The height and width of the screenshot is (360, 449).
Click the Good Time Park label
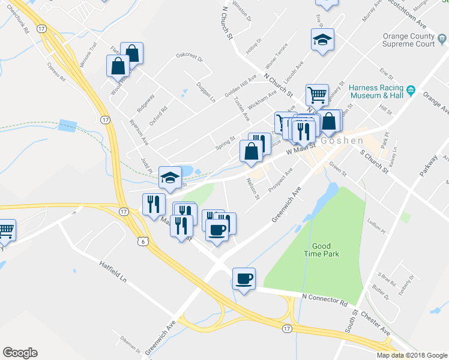(x=325, y=250)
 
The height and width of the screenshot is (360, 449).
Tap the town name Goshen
(x=342, y=140)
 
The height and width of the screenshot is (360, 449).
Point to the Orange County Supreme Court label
(x=409, y=40)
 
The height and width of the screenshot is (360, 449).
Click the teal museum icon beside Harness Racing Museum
(x=411, y=91)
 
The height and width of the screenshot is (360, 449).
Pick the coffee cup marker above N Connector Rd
(x=244, y=279)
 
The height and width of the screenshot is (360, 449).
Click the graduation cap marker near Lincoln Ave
(x=322, y=40)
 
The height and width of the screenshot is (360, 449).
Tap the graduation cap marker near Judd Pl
(x=170, y=177)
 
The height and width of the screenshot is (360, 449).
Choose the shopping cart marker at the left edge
(x=5, y=230)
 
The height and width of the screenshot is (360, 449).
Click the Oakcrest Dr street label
(x=190, y=58)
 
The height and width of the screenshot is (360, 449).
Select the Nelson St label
(x=253, y=188)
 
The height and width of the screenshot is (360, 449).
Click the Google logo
(x=20, y=353)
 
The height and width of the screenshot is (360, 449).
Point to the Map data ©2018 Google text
(x=411, y=355)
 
